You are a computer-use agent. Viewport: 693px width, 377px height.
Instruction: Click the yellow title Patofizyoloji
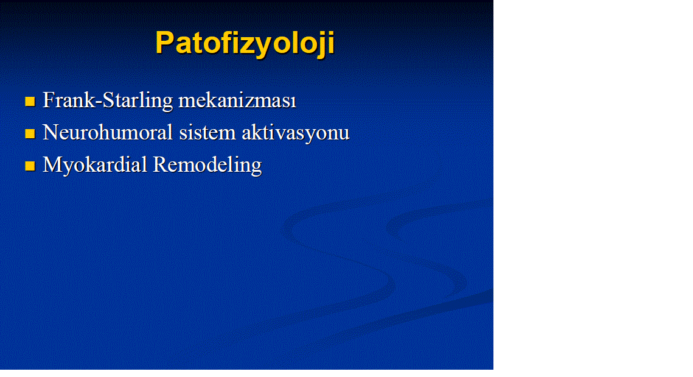coord(245,43)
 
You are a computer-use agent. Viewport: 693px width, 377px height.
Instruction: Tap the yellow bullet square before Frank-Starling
coord(30,101)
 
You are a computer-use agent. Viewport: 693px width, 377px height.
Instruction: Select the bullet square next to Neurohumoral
coord(30,133)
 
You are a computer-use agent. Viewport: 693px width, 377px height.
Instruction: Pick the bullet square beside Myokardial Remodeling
coord(30,166)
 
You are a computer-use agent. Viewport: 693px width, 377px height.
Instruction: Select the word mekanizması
coord(237,100)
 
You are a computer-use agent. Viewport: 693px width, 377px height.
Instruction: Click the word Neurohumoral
coord(108,133)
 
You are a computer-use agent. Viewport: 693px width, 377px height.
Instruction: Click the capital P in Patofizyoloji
coord(165,43)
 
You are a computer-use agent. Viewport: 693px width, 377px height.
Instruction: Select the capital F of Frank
coord(49,100)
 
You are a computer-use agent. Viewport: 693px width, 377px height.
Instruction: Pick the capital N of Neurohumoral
coord(51,133)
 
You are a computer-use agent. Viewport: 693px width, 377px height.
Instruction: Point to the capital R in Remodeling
coord(161,164)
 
